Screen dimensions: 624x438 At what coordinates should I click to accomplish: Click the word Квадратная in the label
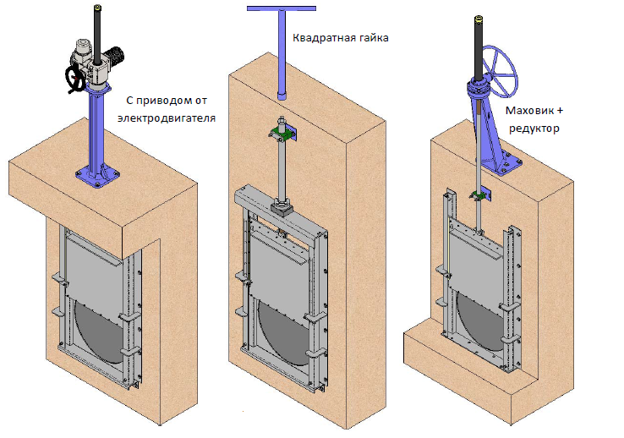pos(320,38)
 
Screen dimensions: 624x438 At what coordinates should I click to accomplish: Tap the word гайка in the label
pos(370,38)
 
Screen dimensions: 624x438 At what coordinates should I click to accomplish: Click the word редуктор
pos(534,129)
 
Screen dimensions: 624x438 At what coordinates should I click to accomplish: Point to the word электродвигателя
pos(167,118)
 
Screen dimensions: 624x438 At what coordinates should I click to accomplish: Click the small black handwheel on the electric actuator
pos(74,79)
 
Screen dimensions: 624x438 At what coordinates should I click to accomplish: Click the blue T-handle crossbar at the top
pos(282,8)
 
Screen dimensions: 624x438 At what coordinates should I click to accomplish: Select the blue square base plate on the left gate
pos(97,175)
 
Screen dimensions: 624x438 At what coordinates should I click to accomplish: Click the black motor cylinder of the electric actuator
pos(117,55)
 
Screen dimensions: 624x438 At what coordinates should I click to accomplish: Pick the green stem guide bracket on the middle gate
pos(282,134)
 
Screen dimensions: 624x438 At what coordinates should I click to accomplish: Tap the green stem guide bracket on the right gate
pos(480,195)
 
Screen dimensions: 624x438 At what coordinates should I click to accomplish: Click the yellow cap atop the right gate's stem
pos(479,19)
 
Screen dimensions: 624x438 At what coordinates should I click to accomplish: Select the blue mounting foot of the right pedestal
pos(502,164)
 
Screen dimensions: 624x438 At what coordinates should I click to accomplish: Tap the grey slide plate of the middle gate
pos(277,271)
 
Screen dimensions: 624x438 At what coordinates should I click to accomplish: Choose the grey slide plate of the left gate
pos(95,271)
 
